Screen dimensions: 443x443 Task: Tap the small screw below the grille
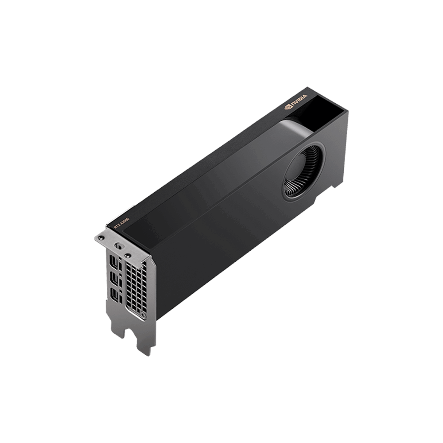coord(143,315)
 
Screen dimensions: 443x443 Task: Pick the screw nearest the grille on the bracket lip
coord(128,256)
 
